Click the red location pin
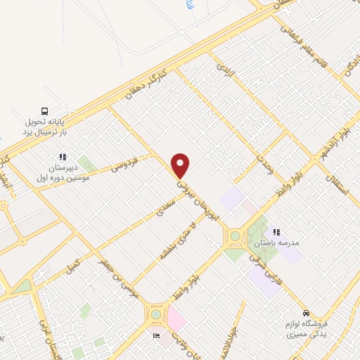point(181,165)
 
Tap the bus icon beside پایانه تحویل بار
point(45,111)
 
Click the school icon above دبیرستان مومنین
point(63,157)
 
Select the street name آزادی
point(224,69)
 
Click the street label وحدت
point(264,165)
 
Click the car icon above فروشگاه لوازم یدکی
point(305,313)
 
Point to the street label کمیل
point(72,266)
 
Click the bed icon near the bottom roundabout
point(156,335)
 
